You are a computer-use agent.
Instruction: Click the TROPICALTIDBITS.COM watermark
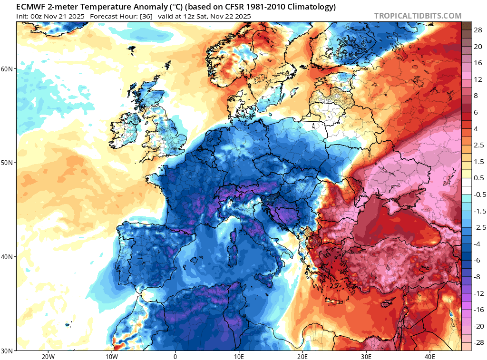point(418,16)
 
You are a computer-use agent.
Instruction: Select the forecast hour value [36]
point(146,16)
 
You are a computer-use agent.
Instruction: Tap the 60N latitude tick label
point(8,69)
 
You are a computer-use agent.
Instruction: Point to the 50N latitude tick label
point(8,163)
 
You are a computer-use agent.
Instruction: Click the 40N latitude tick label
point(8,257)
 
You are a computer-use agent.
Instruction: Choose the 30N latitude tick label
point(8,350)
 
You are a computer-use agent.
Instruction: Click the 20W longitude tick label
point(48,356)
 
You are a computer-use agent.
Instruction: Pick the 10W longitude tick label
point(111,356)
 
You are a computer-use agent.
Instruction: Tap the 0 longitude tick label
point(175,356)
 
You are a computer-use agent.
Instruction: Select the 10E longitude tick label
point(239,356)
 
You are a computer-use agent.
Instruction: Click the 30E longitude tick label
point(366,356)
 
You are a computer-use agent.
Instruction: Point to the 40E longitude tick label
point(430,356)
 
